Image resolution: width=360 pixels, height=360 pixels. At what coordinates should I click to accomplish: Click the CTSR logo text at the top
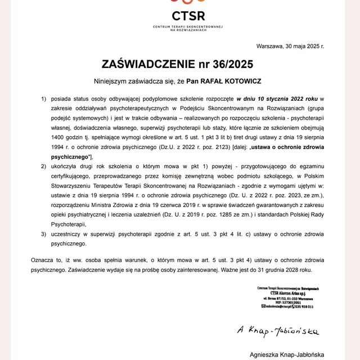[x=181, y=15]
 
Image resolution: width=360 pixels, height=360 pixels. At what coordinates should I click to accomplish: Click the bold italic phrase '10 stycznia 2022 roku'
[x=278, y=98]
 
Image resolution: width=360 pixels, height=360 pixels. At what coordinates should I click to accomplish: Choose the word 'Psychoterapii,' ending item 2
[x=70, y=224]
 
